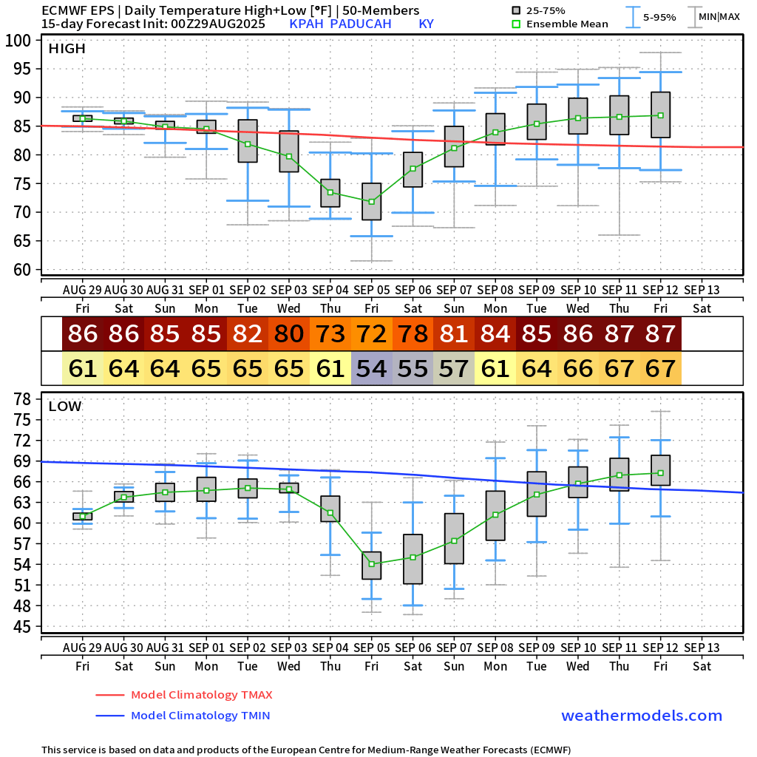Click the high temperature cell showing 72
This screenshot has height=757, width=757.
click(371, 334)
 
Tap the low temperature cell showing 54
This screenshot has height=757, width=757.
click(371, 367)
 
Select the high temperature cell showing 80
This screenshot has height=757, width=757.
click(288, 334)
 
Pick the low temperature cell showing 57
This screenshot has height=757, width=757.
click(454, 367)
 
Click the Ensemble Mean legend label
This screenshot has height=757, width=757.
click(568, 24)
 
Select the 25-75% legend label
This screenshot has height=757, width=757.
click(549, 10)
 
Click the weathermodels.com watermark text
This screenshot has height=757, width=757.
click(642, 716)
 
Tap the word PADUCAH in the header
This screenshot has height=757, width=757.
click(359, 24)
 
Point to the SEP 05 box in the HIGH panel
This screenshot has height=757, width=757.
click(371, 201)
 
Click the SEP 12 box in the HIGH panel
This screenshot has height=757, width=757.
click(661, 115)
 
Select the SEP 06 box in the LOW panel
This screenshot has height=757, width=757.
click(413, 559)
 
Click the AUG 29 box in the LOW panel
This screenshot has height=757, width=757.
click(82, 516)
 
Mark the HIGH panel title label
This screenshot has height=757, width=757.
click(67, 49)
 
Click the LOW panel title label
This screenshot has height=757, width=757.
click(65, 406)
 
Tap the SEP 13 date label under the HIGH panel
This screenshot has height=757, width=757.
click(702, 289)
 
